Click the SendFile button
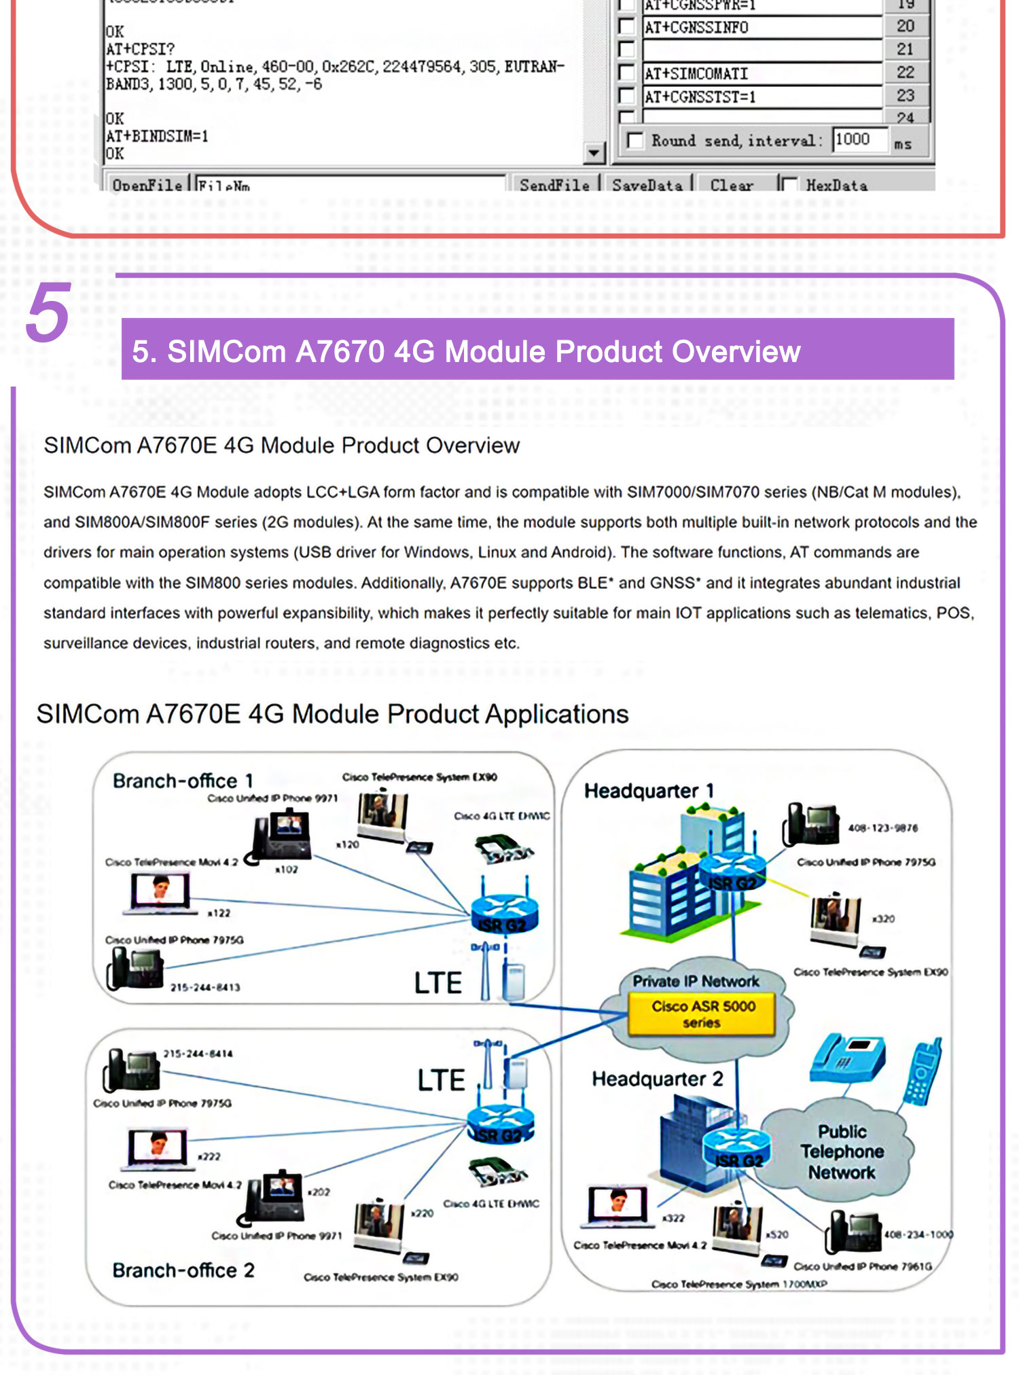pyautogui.click(x=554, y=185)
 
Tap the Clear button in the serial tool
pyautogui.click(x=731, y=185)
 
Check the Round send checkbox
pyautogui.click(x=635, y=141)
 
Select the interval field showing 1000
pyautogui.click(x=859, y=140)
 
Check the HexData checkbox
pyautogui.click(x=789, y=185)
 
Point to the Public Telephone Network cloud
pyautogui.click(x=842, y=1151)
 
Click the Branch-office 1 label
pyautogui.click(x=182, y=781)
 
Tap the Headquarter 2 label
pyautogui.click(x=657, y=1079)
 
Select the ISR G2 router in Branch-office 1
pyautogui.click(x=504, y=915)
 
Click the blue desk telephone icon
pyautogui.click(x=847, y=1060)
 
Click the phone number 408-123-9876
pyautogui.click(x=882, y=828)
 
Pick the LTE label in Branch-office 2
pyautogui.click(x=441, y=1080)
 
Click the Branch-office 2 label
pyautogui.click(x=183, y=1270)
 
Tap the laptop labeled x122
pyautogui.click(x=160, y=893)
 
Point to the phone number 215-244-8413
pyautogui.click(x=204, y=987)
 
